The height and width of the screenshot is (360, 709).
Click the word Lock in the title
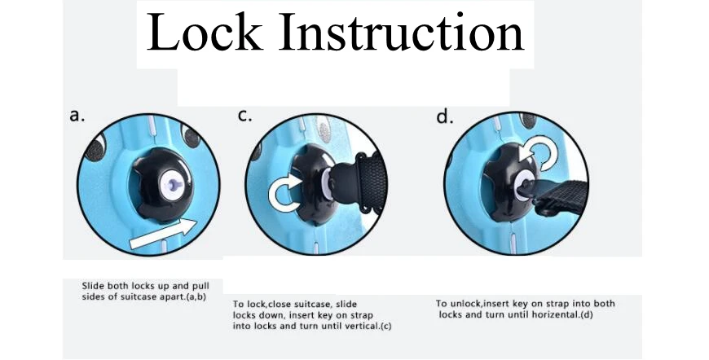click(x=205, y=32)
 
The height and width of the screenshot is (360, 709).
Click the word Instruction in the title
click(x=402, y=32)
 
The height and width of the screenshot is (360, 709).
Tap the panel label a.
click(x=77, y=116)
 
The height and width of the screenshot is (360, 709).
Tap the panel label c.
click(x=244, y=116)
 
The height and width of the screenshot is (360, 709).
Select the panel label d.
click(x=444, y=116)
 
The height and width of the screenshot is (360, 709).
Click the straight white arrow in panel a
click(x=164, y=235)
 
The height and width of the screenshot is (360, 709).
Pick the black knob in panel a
click(x=161, y=185)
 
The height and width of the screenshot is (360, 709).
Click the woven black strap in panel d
click(x=561, y=196)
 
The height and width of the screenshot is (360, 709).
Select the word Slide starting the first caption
click(x=93, y=286)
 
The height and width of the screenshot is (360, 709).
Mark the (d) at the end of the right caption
click(x=587, y=315)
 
